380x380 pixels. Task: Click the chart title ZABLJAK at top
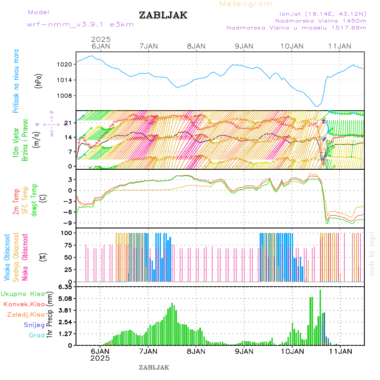click(163, 15)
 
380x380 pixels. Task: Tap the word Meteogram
click(246, 4)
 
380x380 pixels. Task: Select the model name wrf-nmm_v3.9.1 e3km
click(80, 24)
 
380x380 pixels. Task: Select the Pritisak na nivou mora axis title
click(16, 81)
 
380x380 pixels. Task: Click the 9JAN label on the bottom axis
click(244, 351)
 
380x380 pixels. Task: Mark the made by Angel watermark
click(372, 253)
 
